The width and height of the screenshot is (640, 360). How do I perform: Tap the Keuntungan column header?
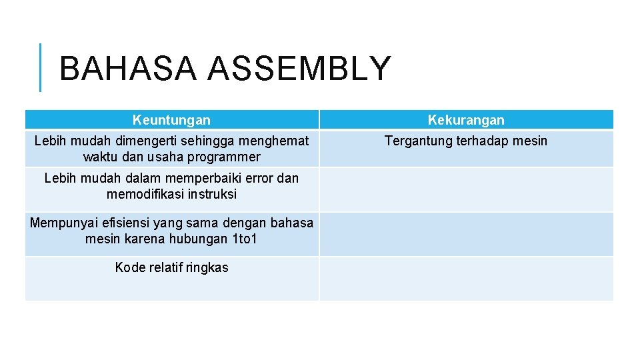[171, 120]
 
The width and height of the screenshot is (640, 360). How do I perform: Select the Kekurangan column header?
[466, 120]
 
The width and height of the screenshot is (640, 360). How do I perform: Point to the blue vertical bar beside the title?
[40, 67]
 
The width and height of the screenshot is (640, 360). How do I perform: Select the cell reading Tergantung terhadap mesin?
[466, 141]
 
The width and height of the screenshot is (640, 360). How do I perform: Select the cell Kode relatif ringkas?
[171, 267]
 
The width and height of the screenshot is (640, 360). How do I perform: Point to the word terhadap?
[482, 141]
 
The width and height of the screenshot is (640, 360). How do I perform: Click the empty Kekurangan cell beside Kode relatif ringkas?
[466, 279]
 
